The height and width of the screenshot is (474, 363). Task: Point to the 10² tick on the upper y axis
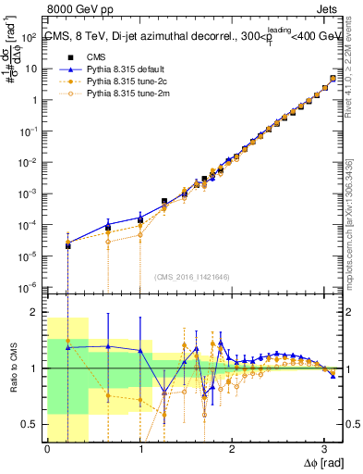pyautogui.click(x=32, y=37)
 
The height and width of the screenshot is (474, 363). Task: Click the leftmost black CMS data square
pyautogui.click(x=67, y=246)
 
